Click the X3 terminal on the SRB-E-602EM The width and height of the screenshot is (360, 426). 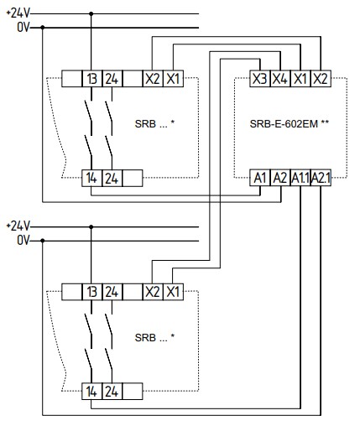tap(260, 79)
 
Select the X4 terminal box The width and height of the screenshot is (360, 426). tap(280, 79)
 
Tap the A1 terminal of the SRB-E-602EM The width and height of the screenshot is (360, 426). tap(260, 178)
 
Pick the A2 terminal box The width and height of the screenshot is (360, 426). tap(280, 178)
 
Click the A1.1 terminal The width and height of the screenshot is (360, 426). tap(300, 178)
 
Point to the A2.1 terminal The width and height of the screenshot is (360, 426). tap(321, 178)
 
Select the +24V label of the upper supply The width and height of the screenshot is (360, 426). tap(18, 13)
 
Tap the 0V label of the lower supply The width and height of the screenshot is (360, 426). tap(23, 241)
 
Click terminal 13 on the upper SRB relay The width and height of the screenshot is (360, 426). tap(92, 79)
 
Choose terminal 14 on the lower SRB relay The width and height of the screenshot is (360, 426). tap(91, 391)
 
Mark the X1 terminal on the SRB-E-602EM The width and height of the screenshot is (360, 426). tap(300, 79)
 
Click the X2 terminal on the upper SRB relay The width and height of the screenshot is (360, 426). tap(153, 79)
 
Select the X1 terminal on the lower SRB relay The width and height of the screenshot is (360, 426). tap(173, 292)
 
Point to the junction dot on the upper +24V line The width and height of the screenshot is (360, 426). tap(91, 13)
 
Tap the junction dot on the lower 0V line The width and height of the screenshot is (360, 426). tap(43, 241)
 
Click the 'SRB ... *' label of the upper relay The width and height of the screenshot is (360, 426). tap(154, 123)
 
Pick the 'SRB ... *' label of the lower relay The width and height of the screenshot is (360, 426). tap(154, 338)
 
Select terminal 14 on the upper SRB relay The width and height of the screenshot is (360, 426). tap(91, 178)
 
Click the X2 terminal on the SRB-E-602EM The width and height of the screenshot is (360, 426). tap(321, 79)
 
